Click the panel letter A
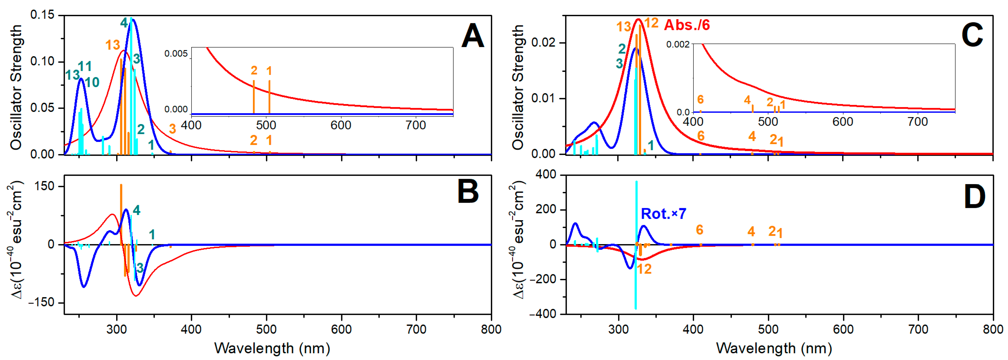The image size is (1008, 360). [x=473, y=36]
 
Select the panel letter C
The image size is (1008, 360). [x=972, y=36]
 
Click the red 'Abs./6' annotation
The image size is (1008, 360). [x=687, y=25]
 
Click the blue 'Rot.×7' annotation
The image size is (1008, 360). [x=663, y=214]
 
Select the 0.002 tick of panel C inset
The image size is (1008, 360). [x=678, y=44]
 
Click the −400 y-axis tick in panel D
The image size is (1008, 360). [x=542, y=314]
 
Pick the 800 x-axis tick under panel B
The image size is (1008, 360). [x=491, y=329]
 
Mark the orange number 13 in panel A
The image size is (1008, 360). [x=112, y=45]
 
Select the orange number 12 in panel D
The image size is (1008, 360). [x=644, y=269]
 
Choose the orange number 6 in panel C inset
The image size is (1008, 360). [x=701, y=99]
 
